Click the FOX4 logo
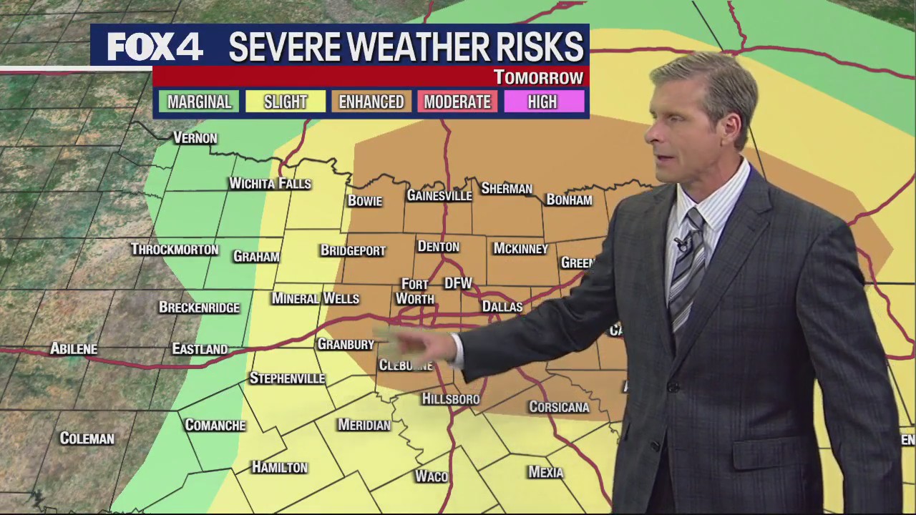pyautogui.click(x=155, y=47)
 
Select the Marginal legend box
pyautogui.click(x=199, y=102)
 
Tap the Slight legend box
pyautogui.click(x=285, y=102)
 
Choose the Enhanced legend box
pyautogui.click(x=371, y=102)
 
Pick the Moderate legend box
pyautogui.click(x=457, y=102)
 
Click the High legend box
pyautogui.click(x=542, y=102)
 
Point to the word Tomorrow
pyautogui.click(x=538, y=77)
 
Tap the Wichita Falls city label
pyautogui.click(x=270, y=184)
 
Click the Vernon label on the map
pyautogui.click(x=195, y=137)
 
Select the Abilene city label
pyautogui.click(x=74, y=349)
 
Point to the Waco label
pyautogui.click(x=432, y=476)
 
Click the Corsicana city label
pyautogui.click(x=559, y=407)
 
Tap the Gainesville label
pyautogui.click(x=439, y=195)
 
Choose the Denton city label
pyautogui.click(x=438, y=247)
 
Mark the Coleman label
pyautogui.click(x=87, y=438)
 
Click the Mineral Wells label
pyautogui.click(x=315, y=298)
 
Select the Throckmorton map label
pyautogui.click(x=175, y=250)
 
